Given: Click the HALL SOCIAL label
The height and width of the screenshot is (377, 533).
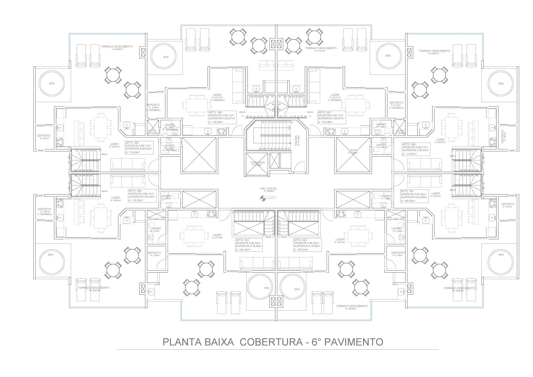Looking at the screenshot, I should (x=268, y=188).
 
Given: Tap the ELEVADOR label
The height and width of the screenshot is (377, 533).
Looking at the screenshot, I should (x=258, y=162).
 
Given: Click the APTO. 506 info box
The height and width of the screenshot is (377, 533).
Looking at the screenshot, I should (x=222, y=117).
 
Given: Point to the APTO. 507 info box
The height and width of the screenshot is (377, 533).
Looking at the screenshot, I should (x=331, y=117).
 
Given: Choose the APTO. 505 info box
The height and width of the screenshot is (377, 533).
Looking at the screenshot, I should (x=139, y=147).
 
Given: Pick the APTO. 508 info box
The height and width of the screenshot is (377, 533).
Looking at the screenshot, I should (x=416, y=149).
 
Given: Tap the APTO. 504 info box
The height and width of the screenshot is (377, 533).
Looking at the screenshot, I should (x=142, y=195).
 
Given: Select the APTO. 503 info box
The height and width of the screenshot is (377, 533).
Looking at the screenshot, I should (x=249, y=245).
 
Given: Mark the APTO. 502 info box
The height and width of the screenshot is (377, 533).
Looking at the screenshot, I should (x=307, y=245).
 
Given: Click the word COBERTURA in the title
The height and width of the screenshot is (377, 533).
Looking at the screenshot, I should (x=271, y=342).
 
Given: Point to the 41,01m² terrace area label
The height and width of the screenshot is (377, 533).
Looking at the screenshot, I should (x=321, y=51).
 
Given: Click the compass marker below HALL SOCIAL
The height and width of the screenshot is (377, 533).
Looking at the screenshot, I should (x=263, y=198).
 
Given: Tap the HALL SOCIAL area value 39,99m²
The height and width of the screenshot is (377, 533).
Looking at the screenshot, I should (x=269, y=191).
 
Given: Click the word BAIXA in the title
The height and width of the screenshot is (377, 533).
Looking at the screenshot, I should (x=219, y=342).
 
